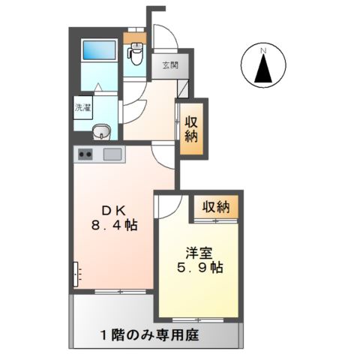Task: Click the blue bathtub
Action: click(x=97, y=52)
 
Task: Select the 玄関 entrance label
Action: click(x=168, y=66)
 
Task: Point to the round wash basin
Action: click(x=101, y=133)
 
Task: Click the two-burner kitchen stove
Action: click(x=85, y=155)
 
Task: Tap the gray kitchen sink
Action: click(x=113, y=155)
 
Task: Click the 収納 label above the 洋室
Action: click(x=214, y=206)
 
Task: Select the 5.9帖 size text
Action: click(x=198, y=268)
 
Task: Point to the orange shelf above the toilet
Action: click(x=135, y=38)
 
